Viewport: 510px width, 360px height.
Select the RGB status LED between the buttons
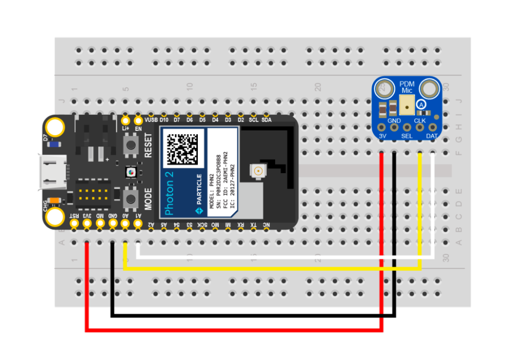pyautogui.click(x=130, y=171)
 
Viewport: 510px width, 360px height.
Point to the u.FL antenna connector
pyautogui.click(x=257, y=171)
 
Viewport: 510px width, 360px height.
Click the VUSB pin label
pyautogui.click(x=151, y=120)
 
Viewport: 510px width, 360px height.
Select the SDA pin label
pyautogui.click(x=266, y=120)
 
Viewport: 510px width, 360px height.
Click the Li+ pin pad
pyautogui.click(x=125, y=120)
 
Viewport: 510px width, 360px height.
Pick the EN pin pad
pyautogui.click(x=138, y=120)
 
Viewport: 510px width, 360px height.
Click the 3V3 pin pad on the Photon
pyautogui.click(x=87, y=224)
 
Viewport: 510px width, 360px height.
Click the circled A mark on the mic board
pyautogui.click(x=421, y=105)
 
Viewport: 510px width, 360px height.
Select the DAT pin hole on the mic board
pyautogui.click(x=432, y=127)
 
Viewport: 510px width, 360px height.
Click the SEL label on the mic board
pyautogui.click(x=407, y=136)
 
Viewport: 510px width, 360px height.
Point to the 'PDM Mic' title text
pyautogui.click(x=407, y=87)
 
